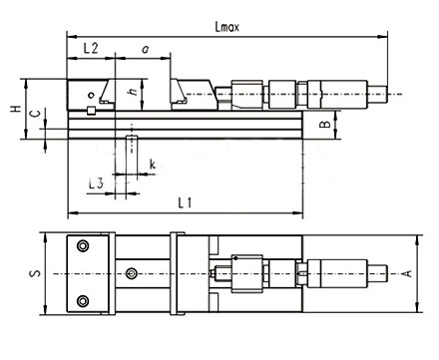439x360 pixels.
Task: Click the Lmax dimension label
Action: pos(227,27)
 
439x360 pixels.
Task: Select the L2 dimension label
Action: pos(91,49)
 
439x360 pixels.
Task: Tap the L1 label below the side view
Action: pos(185,202)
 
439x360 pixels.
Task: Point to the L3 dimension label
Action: pos(96,183)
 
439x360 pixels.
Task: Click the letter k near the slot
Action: pos(153,165)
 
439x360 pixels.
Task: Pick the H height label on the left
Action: pos(15,109)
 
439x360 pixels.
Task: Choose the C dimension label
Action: pos(35,114)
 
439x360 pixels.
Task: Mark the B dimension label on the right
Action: pos(325,124)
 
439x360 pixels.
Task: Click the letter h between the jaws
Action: pos(133,91)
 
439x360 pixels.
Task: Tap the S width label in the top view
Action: pos(35,273)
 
